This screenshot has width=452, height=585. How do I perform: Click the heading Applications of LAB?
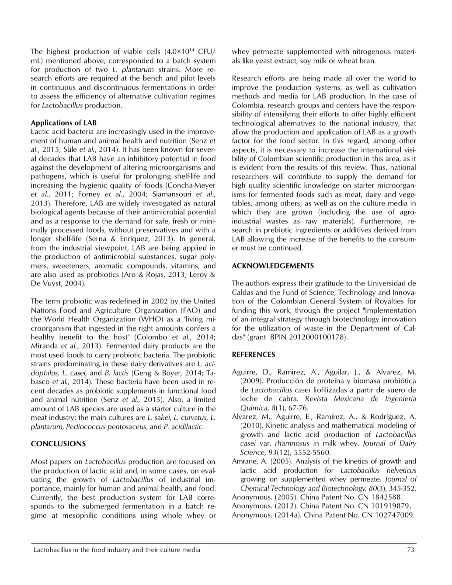point(64,123)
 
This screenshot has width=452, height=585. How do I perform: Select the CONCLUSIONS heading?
point(58,444)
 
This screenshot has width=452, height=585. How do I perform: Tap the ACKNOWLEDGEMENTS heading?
point(273,266)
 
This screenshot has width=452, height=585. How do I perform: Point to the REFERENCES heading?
point(254,355)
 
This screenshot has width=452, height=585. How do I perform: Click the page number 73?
point(410,550)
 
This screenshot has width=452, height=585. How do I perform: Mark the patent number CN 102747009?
point(388,515)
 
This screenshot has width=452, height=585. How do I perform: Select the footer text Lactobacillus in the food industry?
point(117,550)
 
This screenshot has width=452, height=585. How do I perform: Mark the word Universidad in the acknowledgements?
point(376,284)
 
